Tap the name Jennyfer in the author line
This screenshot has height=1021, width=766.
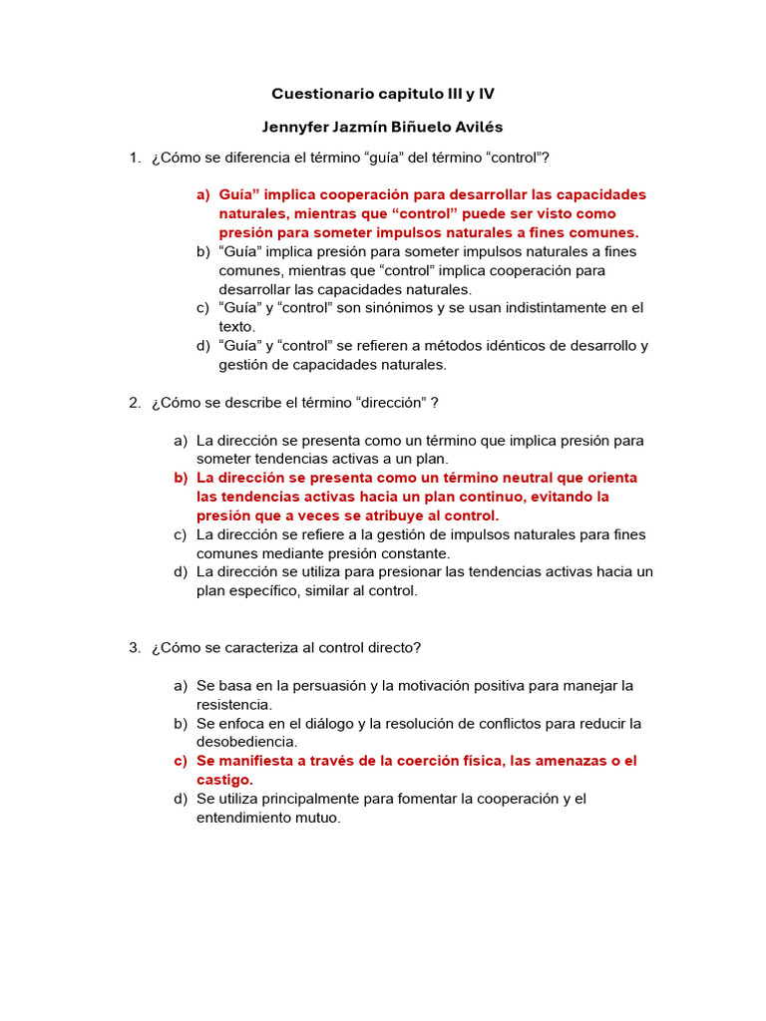click(296, 127)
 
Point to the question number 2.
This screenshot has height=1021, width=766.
click(134, 402)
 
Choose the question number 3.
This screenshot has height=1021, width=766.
click(134, 647)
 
